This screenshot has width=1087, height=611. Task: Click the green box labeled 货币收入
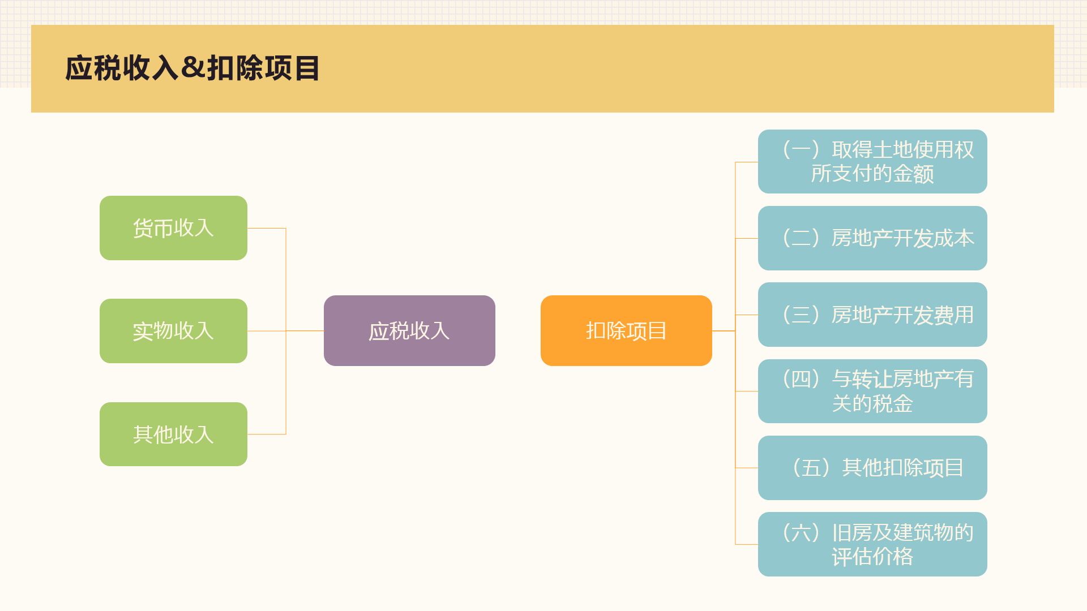173,228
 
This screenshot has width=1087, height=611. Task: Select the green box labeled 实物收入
173,331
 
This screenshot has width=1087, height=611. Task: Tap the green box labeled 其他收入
173,434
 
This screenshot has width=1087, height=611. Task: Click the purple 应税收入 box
409,330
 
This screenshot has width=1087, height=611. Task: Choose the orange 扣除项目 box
626,330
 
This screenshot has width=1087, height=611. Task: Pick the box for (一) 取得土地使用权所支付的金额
872,162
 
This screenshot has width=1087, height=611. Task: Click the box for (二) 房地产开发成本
872,238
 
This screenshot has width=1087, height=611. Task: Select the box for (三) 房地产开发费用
872,315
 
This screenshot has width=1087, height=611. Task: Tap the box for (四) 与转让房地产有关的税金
872,391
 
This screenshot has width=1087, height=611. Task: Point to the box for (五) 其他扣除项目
872,468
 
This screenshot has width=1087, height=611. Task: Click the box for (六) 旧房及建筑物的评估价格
872,544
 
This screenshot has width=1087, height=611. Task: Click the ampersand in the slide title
193,68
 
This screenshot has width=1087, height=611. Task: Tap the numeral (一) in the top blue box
801,149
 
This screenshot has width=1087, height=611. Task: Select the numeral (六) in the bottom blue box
801,532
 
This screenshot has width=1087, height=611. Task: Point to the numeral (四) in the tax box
801,379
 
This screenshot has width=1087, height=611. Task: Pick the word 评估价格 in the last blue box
872,557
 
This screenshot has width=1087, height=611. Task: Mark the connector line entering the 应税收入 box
305,330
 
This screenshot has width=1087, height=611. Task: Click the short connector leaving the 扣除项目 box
724,330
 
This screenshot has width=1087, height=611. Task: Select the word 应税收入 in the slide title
122,68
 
